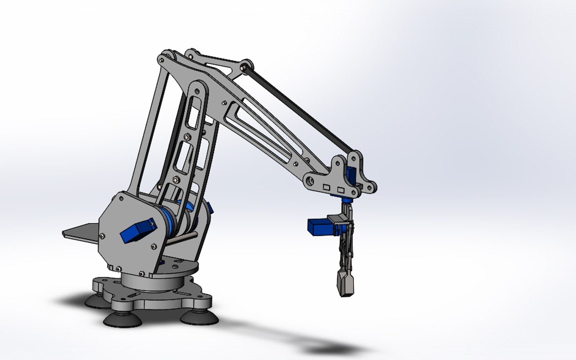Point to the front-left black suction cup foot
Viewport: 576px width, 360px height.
[x=122, y=320]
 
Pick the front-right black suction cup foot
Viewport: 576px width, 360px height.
[x=199, y=316]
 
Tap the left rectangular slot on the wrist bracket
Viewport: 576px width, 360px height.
[x=327, y=187]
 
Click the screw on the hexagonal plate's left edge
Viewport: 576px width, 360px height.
[x=102, y=235]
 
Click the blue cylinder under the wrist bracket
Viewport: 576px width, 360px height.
[x=346, y=201]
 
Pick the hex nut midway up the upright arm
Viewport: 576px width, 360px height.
[x=187, y=136]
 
